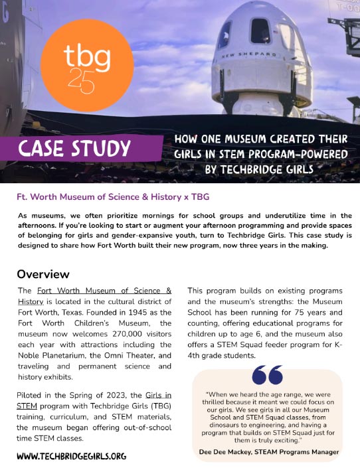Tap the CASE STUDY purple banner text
point(75,148)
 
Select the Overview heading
point(43,274)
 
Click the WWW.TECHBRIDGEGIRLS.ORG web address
point(71,456)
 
